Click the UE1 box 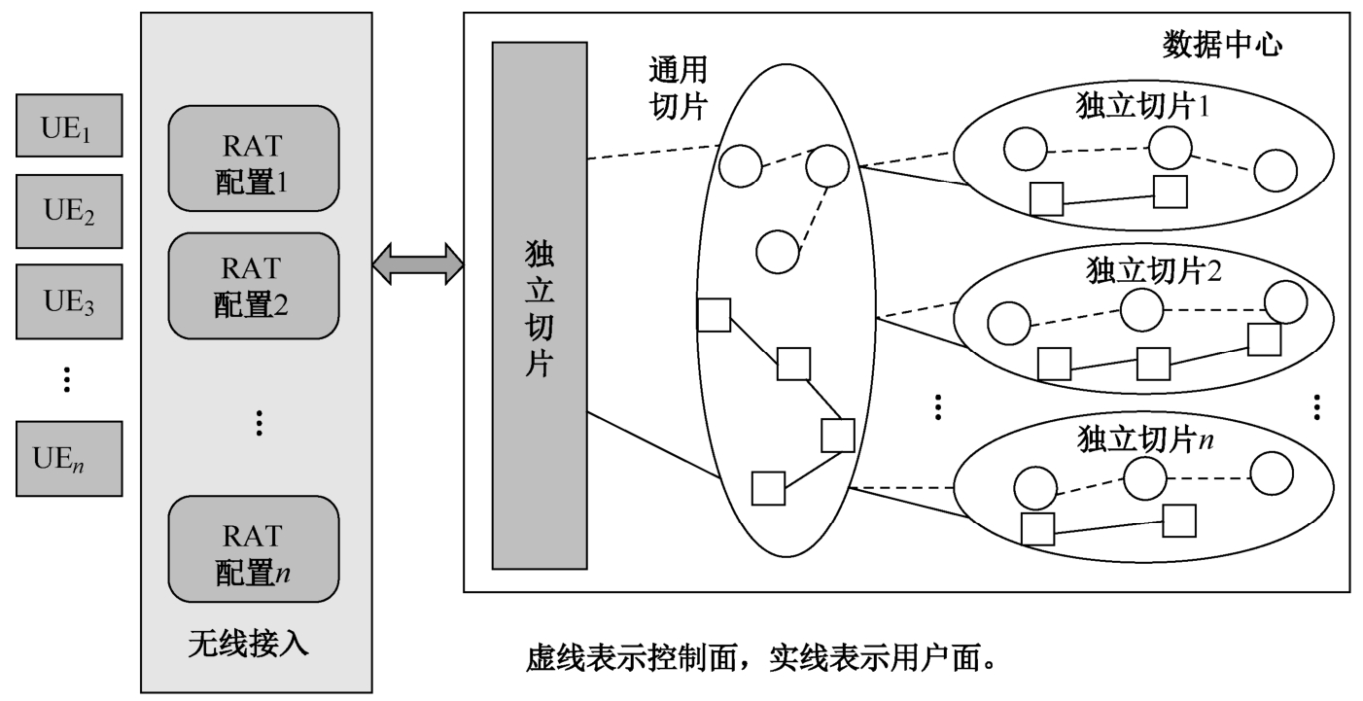coord(68,125)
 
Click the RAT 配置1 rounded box coord(253,158)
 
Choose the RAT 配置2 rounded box coord(253,287)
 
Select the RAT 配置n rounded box coord(253,549)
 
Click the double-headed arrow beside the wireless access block coord(417,263)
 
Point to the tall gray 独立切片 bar coord(540,305)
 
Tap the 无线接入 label coord(248,645)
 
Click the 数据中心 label coord(1223,44)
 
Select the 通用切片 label coord(678,86)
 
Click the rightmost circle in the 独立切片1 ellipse coord(1275,171)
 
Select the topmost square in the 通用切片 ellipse coord(714,315)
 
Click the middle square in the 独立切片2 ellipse coord(1153,364)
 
